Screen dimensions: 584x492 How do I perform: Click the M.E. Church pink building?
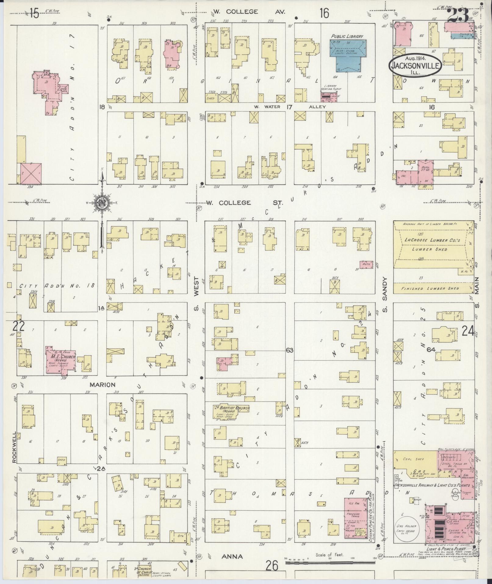[61, 360]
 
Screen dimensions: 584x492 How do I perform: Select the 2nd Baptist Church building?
[231, 411]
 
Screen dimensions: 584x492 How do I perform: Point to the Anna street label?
[232, 557]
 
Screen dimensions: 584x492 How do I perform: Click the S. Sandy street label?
[385, 295]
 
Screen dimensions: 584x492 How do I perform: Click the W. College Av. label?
[249, 12]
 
